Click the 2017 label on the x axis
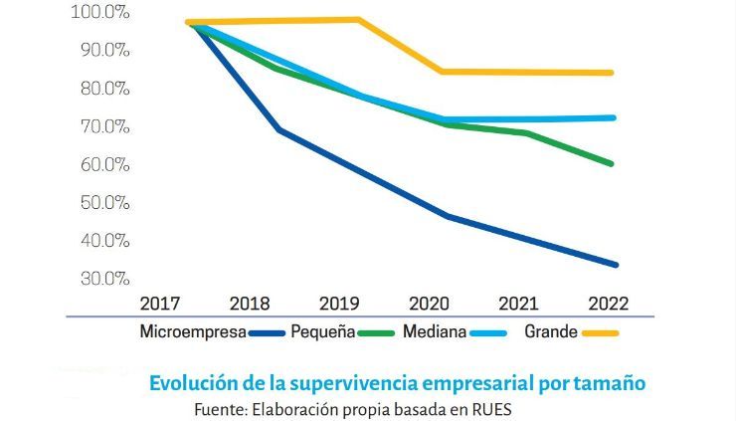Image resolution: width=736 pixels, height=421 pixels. [x=160, y=303]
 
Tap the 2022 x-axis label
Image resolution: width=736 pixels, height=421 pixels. [x=608, y=303]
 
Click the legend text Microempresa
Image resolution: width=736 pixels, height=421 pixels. [x=193, y=332]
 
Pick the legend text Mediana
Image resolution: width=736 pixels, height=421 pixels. [x=435, y=332]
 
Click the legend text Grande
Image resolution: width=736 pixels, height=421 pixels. [x=549, y=332]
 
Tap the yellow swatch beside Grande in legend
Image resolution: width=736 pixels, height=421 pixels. [x=601, y=334]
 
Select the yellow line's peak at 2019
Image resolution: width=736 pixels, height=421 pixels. [x=358, y=19]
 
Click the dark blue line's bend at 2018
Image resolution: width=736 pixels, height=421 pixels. [x=278, y=129]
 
